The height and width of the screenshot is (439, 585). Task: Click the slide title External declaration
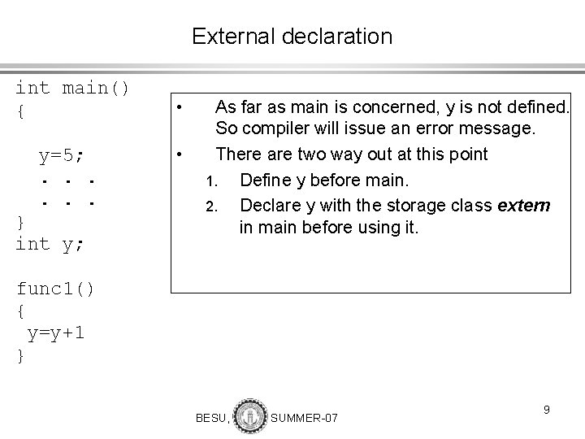292,37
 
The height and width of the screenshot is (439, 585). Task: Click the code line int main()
72,87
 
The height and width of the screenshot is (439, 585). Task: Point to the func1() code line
55,289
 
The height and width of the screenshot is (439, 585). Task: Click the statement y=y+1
56,333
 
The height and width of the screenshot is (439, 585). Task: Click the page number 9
547,410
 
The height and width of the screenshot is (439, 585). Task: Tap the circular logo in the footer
249,415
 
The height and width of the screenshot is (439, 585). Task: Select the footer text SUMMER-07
304,418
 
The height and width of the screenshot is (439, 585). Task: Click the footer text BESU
212,418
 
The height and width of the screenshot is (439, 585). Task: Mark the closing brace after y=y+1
20,355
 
